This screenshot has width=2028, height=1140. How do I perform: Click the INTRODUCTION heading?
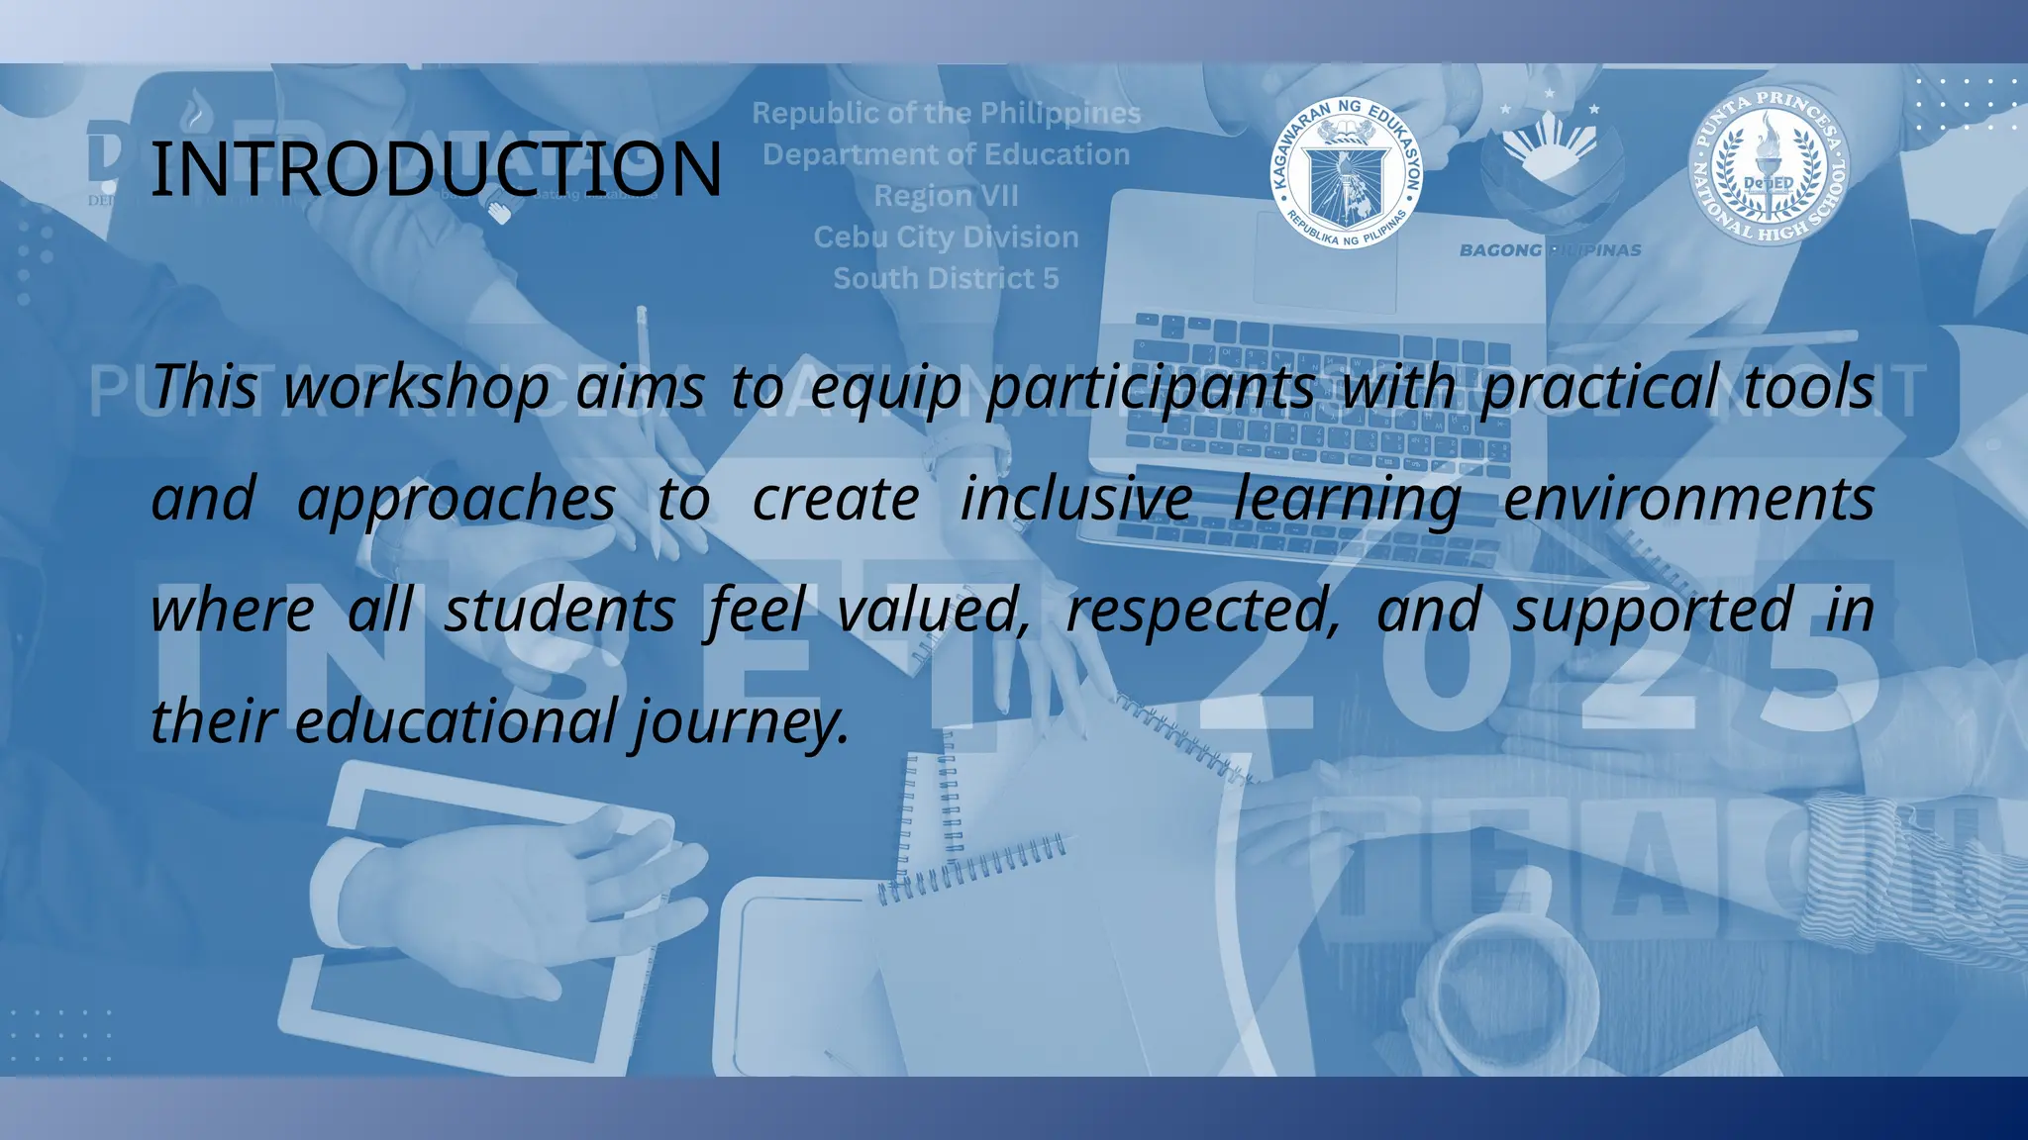click(436, 168)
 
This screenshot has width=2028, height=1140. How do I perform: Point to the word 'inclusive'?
click(1076, 499)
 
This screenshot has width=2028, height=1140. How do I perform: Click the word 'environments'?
click(1688, 499)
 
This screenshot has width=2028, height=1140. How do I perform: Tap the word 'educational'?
click(456, 721)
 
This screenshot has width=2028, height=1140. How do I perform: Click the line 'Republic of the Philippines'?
click(946, 114)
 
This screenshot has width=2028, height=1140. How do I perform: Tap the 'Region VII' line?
click(946, 196)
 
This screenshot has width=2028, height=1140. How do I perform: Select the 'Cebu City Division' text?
click(946, 237)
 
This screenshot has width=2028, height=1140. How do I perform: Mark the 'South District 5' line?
click(946, 279)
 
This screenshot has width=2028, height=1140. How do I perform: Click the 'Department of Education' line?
click(946, 155)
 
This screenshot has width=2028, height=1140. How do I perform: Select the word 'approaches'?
click(456, 499)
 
